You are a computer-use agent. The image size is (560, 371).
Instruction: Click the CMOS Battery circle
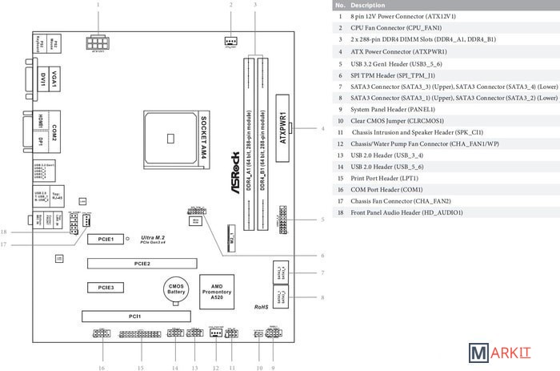pos(176,289)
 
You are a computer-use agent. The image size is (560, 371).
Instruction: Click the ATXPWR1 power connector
pos(282,128)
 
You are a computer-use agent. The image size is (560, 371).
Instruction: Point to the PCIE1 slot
pos(106,239)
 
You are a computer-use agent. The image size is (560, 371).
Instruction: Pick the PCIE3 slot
pos(106,286)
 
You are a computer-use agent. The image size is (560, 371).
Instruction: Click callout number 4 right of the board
pos(322,128)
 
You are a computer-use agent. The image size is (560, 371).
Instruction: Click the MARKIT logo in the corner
pos(512,353)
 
